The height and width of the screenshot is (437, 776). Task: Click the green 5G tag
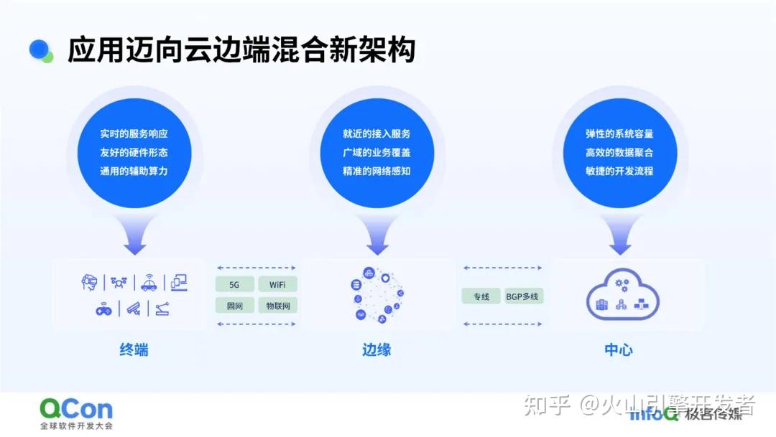point(235,284)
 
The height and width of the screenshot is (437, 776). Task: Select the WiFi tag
point(277,284)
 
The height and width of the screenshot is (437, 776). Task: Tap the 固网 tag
point(235,306)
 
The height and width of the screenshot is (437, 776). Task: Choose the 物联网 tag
point(277,306)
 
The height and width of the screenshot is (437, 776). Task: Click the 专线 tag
point(481,296)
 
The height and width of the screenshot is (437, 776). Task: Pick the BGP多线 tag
point(522,296)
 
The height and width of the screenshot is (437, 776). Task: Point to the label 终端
point(134,350)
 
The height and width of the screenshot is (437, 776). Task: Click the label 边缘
point(377,350)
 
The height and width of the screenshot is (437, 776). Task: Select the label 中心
point(619,350)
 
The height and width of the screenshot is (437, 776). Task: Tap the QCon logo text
point(76,409)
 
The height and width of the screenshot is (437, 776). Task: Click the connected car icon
point(149,283)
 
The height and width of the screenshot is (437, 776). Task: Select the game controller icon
point(104,309)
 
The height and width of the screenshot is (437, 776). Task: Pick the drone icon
point(119,283)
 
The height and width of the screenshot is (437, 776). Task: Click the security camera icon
point(133,309)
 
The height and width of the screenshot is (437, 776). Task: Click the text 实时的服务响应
point(134,133)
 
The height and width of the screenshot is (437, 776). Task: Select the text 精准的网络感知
point(377,171)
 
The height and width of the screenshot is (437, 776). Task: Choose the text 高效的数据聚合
point(619,152)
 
